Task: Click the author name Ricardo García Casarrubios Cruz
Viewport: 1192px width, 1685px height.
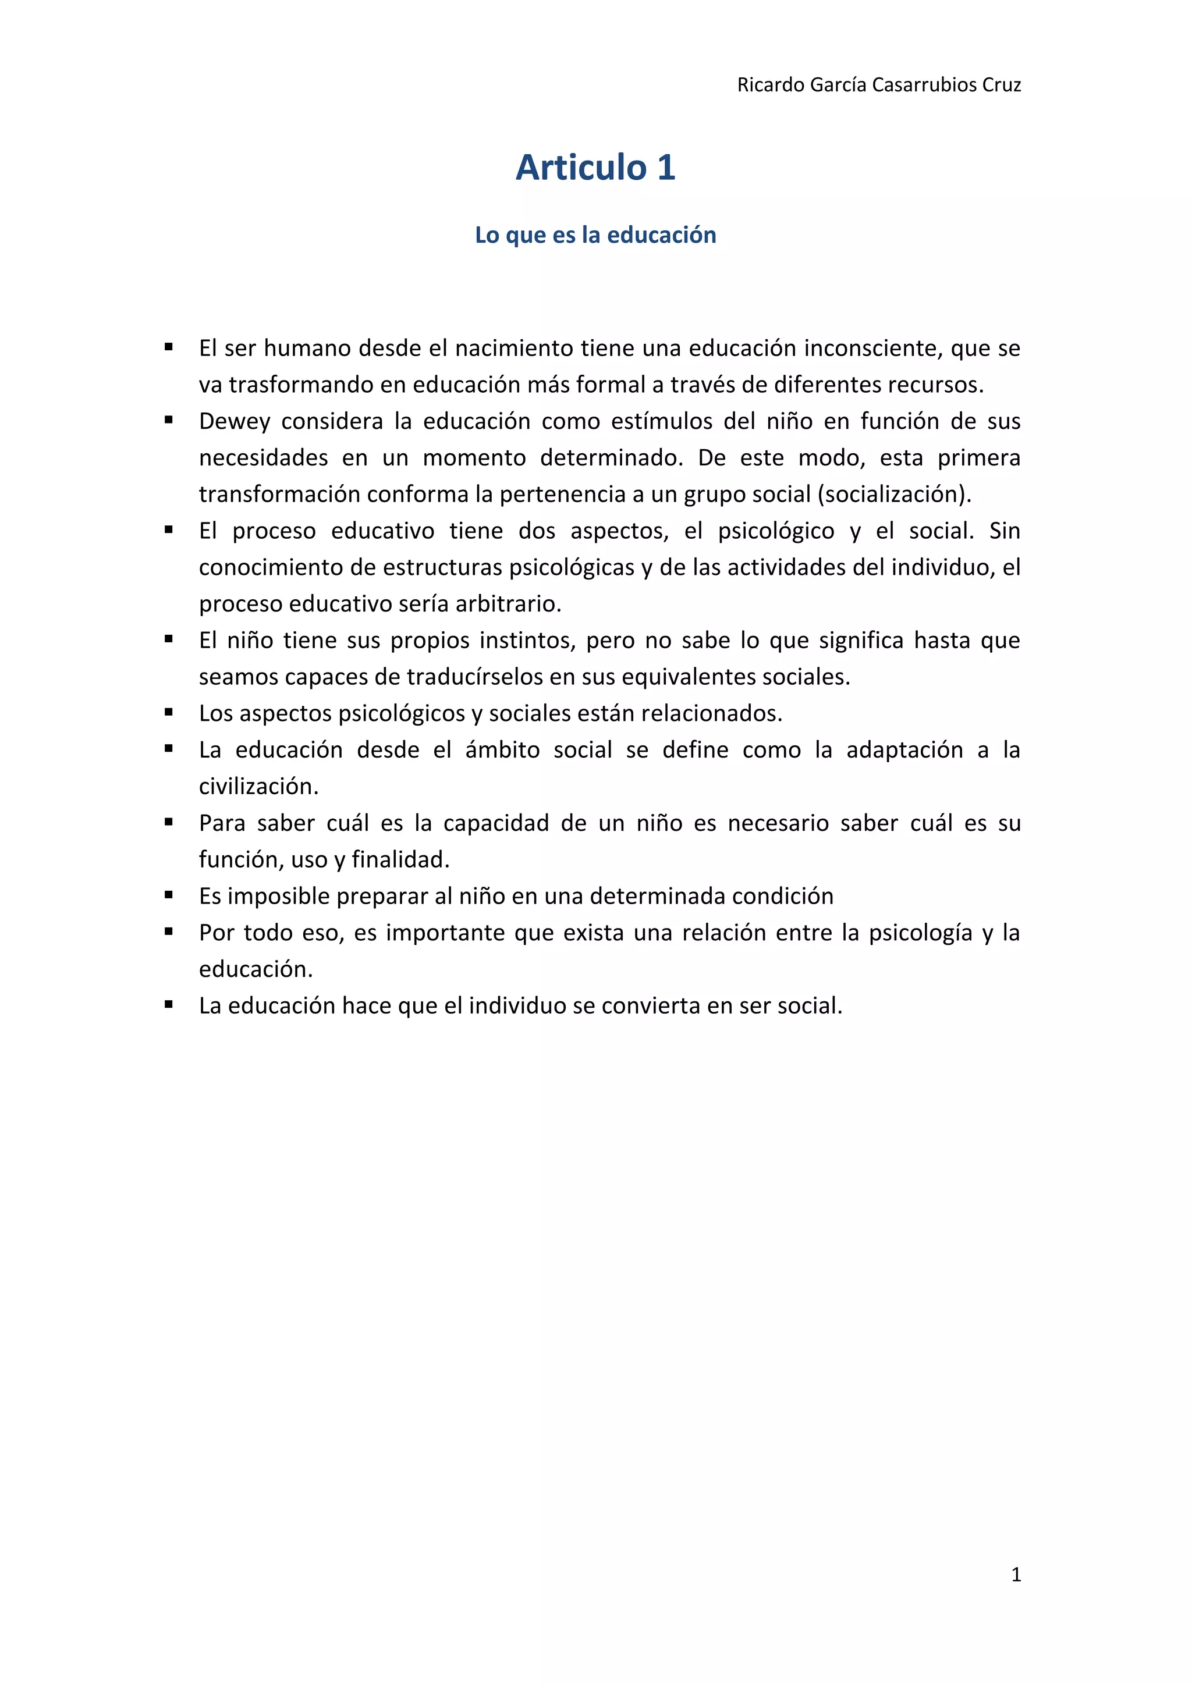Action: tap(879, 85)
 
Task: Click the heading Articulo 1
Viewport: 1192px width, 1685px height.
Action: tap(595, 168)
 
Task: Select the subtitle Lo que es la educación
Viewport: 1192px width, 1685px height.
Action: tap(595, 235)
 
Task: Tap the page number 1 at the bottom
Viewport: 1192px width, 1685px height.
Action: tap(1016, 1574)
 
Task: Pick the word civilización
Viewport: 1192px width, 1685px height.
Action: tap(258, 787)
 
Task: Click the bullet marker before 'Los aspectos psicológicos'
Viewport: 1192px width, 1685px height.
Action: tap(169, 712)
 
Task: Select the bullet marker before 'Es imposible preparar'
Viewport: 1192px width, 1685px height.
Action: tap(169, 895)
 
